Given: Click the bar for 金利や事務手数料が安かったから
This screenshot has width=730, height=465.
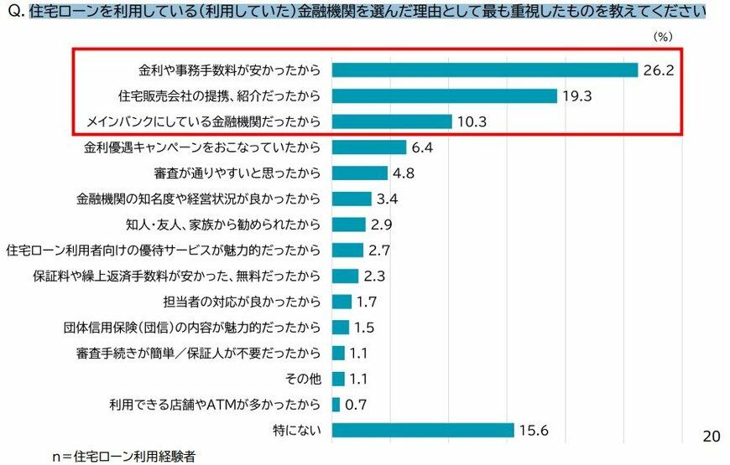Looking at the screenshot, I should (x=484, y=70).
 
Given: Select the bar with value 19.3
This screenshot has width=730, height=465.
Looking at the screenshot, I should (x=444, y=96).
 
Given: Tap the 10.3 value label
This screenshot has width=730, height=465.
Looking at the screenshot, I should (x=473, y=121).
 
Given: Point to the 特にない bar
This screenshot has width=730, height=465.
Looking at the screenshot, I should (x=422, y=430).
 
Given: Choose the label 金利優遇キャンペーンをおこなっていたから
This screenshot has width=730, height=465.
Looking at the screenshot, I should (x=202, y=147).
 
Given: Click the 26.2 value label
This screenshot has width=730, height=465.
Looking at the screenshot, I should (x=659, y=70).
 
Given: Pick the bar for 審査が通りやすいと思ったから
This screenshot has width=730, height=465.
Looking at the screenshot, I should (x=359, y=173).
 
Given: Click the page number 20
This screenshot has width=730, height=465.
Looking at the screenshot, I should (x=711, y=437).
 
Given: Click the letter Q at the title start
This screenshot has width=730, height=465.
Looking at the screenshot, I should (x=12, y=13).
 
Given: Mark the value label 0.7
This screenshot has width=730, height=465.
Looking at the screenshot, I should (x=357, y=404).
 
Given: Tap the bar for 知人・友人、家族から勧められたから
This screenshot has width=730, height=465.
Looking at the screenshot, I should (x=348, y=225).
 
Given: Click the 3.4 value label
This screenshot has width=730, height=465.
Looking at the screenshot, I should (x=388, y=199).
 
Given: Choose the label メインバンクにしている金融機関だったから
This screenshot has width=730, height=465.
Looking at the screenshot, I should (x=204, y=121).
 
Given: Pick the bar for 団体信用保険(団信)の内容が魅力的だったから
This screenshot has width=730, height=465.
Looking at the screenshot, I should (x=340, y=328).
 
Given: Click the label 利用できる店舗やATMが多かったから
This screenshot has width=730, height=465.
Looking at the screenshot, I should (x=215, y=404).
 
